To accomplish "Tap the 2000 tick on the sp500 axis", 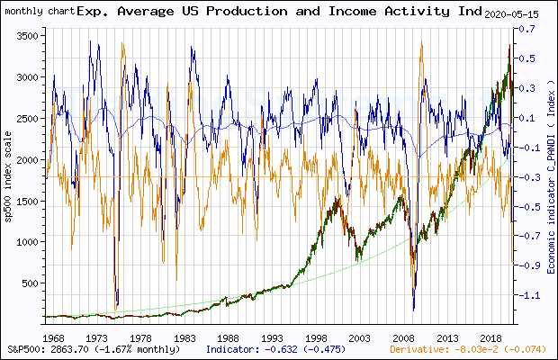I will click(x=28, y=159).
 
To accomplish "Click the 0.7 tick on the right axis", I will click(x=524, y=30).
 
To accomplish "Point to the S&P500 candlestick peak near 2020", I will click(x=508, y=45).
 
